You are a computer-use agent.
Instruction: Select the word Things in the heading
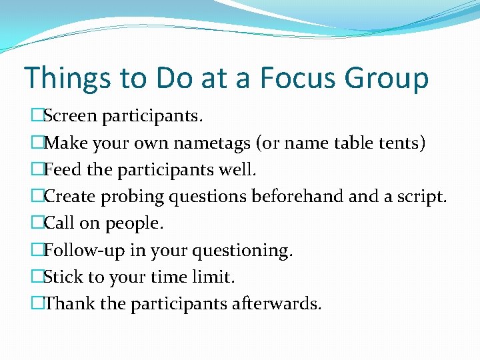67,78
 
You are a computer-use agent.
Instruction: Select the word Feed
63,170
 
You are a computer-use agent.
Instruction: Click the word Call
58,223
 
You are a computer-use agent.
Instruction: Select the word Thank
69,304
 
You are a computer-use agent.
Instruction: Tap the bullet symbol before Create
37,197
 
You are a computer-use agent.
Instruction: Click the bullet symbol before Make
37,144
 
